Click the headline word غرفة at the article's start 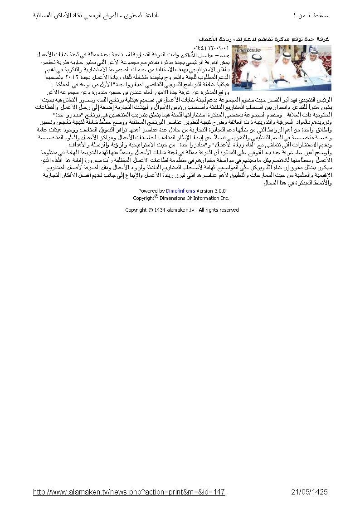click(x=327, y=40)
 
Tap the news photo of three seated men click(x=282, y=68)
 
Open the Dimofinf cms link click(x=180, y=191)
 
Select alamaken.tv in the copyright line click(x=181, y=210)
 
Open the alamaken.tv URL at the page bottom click(x=129, y=492)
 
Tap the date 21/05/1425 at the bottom click(x=309, y=492)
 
